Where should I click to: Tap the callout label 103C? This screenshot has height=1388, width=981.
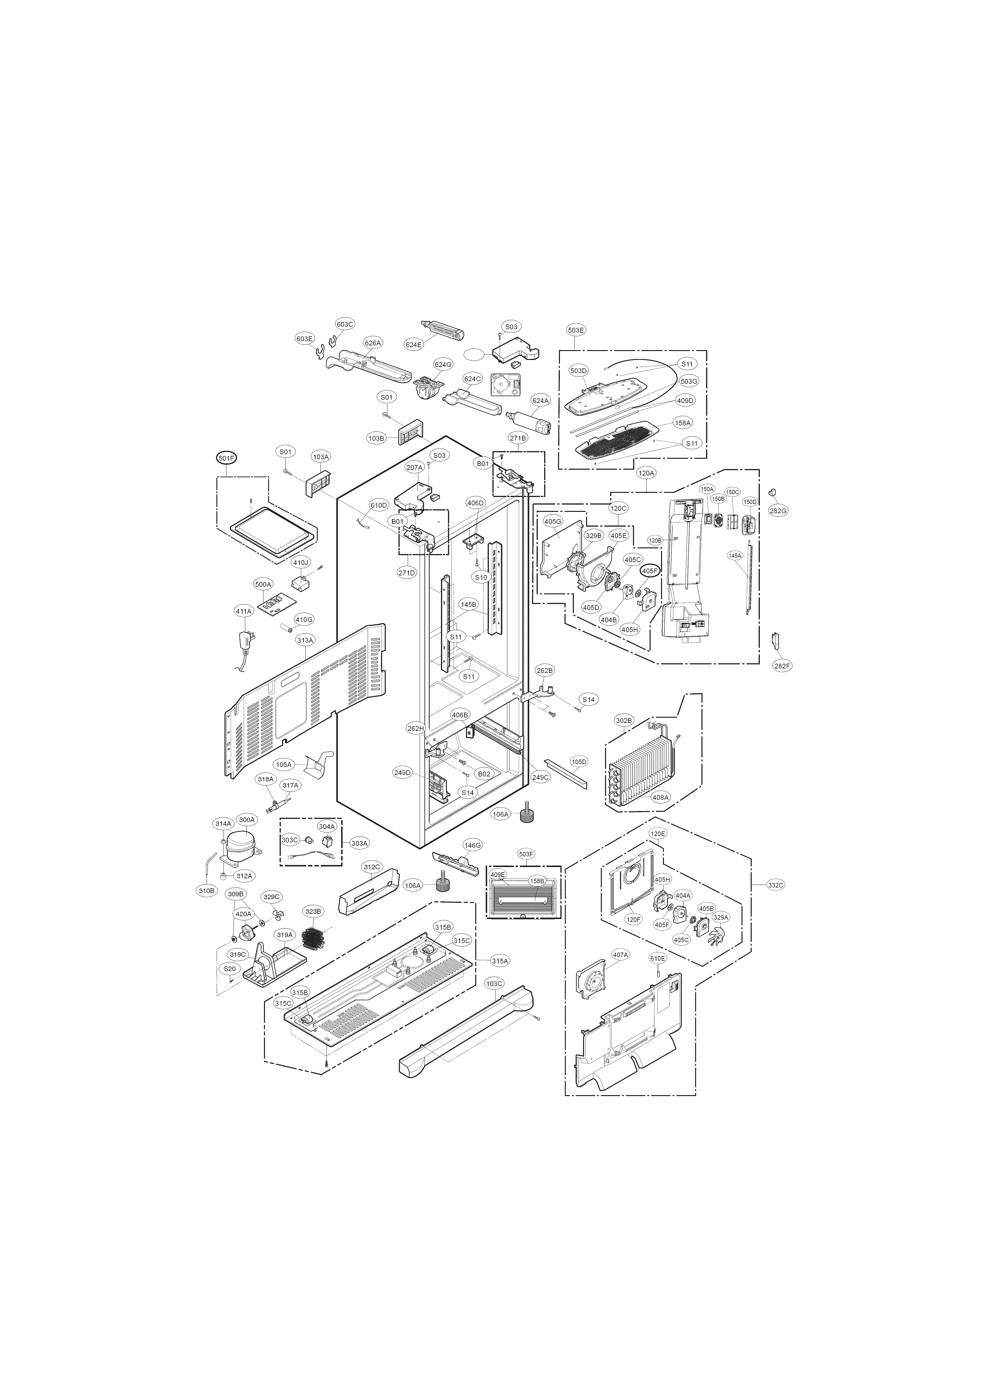coord(494,984)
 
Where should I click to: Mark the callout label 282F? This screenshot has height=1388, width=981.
coord(782,666)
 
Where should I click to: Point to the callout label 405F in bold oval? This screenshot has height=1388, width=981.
coord(650,570)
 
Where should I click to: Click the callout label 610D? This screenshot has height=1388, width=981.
coord(378,505)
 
